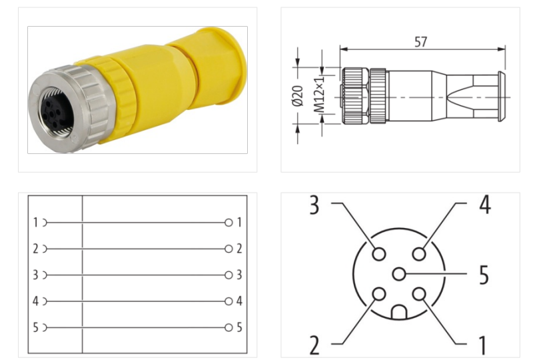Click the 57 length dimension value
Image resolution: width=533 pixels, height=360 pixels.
click(420, 42)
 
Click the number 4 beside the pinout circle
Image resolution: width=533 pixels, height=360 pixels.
click(484, 205)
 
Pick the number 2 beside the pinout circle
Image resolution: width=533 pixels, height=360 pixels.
click(314, 345)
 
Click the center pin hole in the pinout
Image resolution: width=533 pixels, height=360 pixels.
click(399, 274)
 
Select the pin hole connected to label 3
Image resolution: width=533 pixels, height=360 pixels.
click(379, 254)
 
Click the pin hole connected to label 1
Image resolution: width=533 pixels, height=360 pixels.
click(419, 294)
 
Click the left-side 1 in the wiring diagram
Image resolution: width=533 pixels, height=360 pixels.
click(35, 223)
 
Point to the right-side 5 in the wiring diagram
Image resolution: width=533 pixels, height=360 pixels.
click(239, 327)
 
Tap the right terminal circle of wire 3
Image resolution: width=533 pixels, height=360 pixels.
click(229, 275)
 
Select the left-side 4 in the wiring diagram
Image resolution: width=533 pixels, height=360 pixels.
click(35, 301)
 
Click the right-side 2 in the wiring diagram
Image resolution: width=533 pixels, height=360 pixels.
click(239, 249)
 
